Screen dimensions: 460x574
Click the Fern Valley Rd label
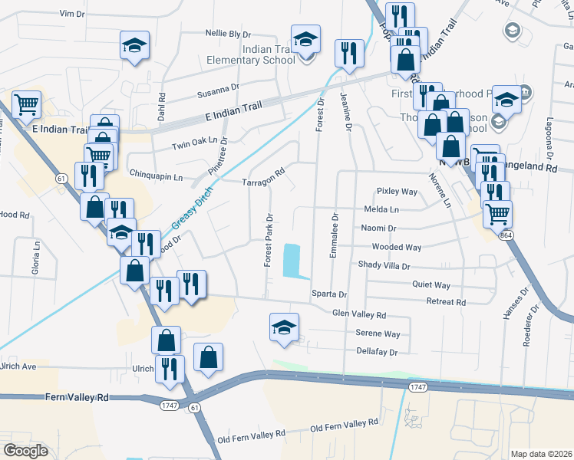78,398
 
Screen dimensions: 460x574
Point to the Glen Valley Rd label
358,314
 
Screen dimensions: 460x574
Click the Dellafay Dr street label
377,353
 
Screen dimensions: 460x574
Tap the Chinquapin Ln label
157,176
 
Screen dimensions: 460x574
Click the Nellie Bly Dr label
228,34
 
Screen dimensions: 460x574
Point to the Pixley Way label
396,191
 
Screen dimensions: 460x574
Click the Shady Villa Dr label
384,265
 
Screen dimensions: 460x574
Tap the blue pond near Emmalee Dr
292,261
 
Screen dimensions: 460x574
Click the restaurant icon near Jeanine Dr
349,52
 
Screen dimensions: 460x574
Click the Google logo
25,451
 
